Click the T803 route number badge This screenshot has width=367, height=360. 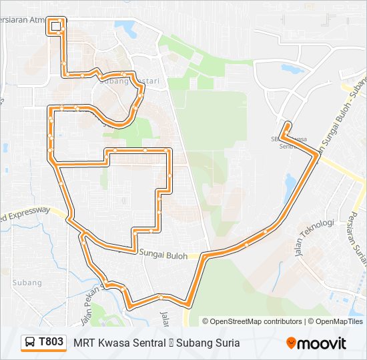click(x=51, y=343)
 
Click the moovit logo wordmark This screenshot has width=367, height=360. click(x=322, y=343)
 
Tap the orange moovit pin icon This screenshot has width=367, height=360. click(x=292, y=343)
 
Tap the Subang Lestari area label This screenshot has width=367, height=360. click(x=131, y=81)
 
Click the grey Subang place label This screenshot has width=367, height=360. click(x=27, y=283)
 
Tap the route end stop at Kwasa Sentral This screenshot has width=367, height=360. click(x=287, y=125)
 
